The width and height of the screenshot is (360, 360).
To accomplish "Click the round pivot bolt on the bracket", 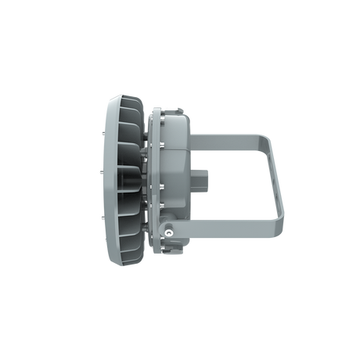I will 170,231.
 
